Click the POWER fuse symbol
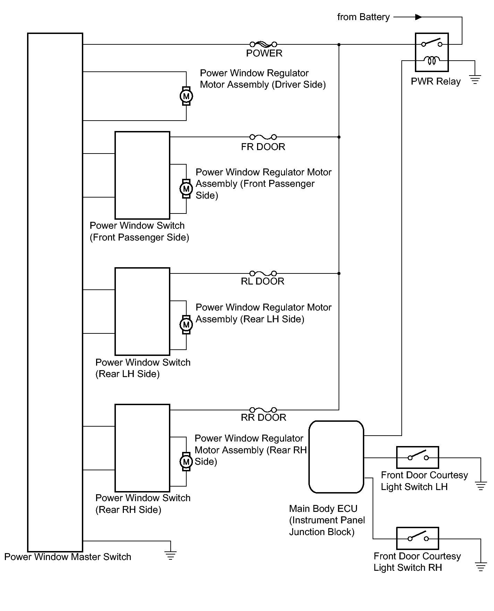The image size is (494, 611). coord(263,44)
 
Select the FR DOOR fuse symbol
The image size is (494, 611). coord(263,137)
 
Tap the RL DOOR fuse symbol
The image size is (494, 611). coord(263,273)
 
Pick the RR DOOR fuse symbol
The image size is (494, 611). coord(263,410)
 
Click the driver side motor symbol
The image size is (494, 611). coord(186,96)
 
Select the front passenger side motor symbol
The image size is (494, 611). coord(186,189)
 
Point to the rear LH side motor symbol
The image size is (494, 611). coord(186,325)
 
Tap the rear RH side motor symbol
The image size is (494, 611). coord(186,462)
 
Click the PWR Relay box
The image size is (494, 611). coord(432,52)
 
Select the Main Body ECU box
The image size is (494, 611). coord(336,457)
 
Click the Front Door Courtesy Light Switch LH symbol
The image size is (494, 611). coord(418,457)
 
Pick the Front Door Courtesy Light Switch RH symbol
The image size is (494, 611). coord(418,538)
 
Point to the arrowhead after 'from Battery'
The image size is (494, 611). coord(419,17)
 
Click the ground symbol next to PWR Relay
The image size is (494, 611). coord(475,80)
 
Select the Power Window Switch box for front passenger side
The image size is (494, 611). coord(143,175)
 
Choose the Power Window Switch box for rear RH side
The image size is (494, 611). coord(143,448)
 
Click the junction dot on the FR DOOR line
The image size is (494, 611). coord(339,137)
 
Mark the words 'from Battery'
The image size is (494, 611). coord(363,17)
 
